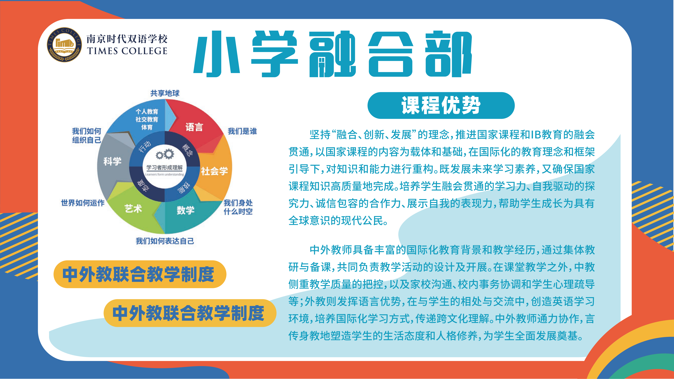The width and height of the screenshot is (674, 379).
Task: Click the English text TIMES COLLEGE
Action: click(x=127, y=51)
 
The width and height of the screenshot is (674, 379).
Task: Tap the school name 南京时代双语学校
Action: click(x=127, y=39)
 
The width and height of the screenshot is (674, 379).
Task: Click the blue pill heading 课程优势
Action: click(x=441, y=105)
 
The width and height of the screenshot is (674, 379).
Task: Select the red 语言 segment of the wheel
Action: click(x=195, y=126)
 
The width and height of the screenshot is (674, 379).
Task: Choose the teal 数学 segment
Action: click(x=186, y=211)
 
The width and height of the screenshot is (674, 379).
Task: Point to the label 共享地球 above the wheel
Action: click(x=165, y=93)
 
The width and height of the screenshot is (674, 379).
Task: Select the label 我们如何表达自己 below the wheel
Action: click(x=165, y=241)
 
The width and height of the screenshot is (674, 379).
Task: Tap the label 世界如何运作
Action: click(x=83, y=203)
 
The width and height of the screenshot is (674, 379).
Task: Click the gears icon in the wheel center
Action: click(x=165, y=154)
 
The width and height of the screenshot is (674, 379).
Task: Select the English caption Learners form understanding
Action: click(x=165, y=174)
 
